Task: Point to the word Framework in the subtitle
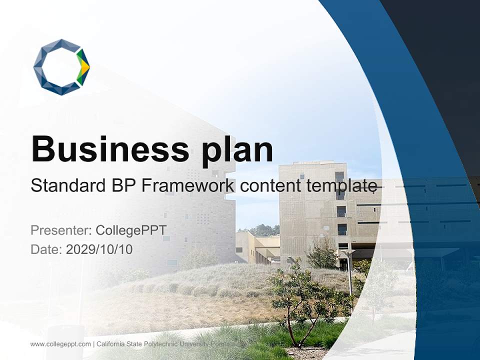click(187, 185)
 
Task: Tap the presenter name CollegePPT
click(131, 230)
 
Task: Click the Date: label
click(46, 249)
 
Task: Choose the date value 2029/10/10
click(99, 249)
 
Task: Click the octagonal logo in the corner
click(61, 67)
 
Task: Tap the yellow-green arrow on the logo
click(83, 67)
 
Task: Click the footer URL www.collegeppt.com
click(60, 344)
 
